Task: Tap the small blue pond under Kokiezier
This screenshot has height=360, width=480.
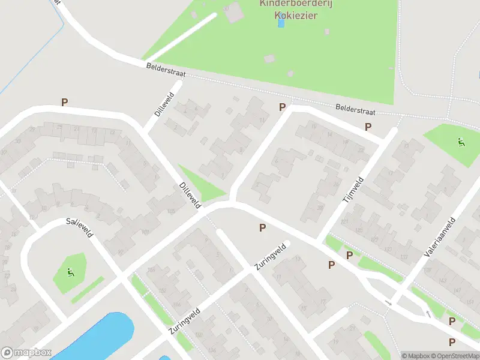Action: pyautogui.click(x=281, y=23)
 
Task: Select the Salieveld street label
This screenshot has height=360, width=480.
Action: pyautogui.click(x=79, y=227)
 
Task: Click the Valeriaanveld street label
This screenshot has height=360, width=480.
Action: pyautogui.click(x=440, y=237)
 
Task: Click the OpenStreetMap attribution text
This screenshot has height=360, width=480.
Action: pyautogui.click(x=456, y=356)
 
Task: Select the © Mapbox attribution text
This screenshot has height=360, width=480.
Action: pyautogui.click(x=416, y=356)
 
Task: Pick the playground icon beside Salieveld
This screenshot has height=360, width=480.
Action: pyautogui.click(x=71, y=273)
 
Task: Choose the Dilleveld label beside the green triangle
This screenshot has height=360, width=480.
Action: pyautogui.click(x=190, y=195)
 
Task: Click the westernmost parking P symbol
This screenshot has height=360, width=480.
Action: pyautogui.click(x=64, y=103)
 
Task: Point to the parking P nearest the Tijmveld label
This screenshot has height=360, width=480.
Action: pyautogui.click(x=368, y=127)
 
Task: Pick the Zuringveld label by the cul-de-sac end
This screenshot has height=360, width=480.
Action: pyautogui.click(x=269, y=257)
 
